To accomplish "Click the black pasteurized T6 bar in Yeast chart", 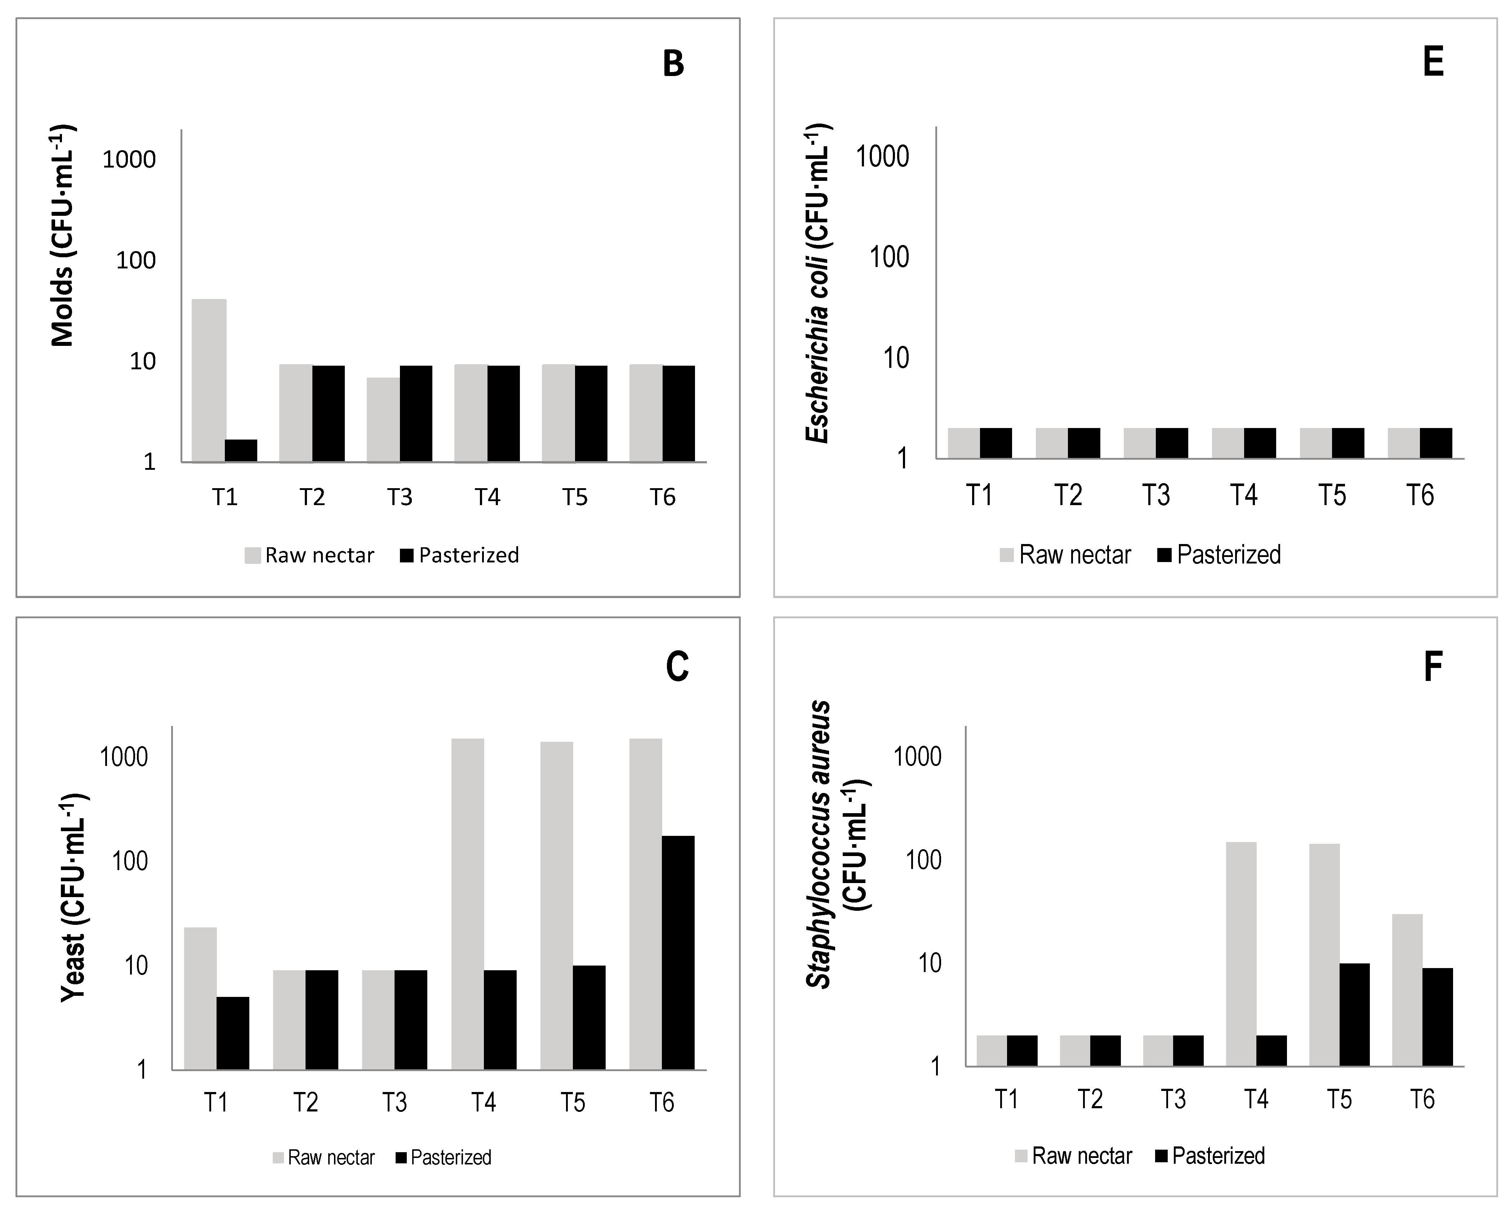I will coord(678,952).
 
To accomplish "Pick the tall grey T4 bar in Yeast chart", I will coord(468,904).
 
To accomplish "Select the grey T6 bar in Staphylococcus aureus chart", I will coord(1407,990).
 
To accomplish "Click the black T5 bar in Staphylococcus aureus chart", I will coord(1355,1014).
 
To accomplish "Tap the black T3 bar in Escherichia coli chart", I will coord(1172,443).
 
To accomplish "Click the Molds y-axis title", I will coord(63,236).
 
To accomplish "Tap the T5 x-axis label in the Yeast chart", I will coord(573,1102).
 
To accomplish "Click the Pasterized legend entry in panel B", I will coord(459,556).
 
